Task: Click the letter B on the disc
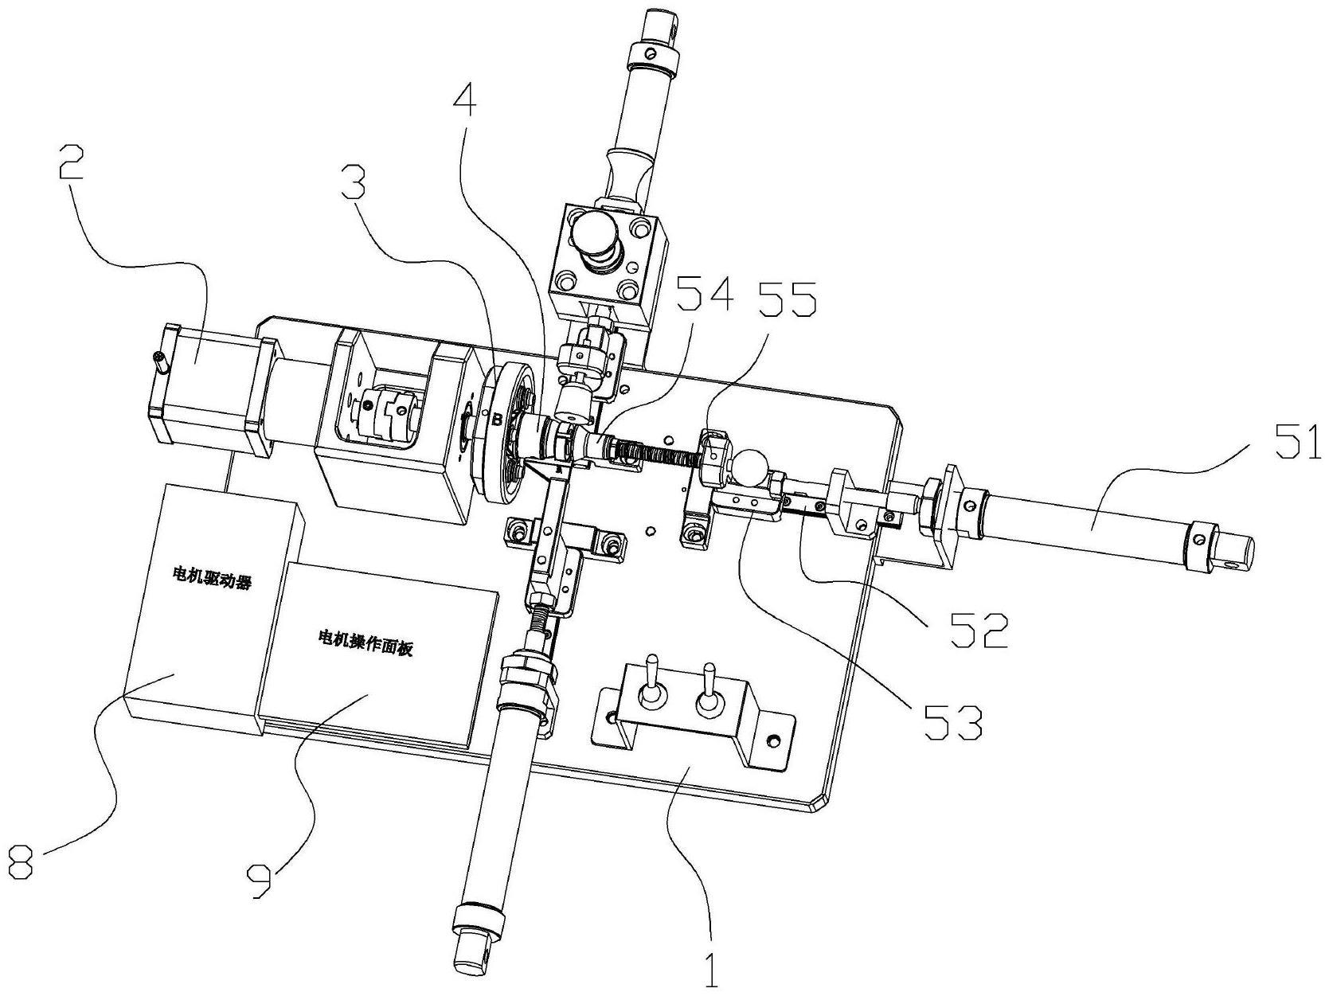[497, 419]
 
